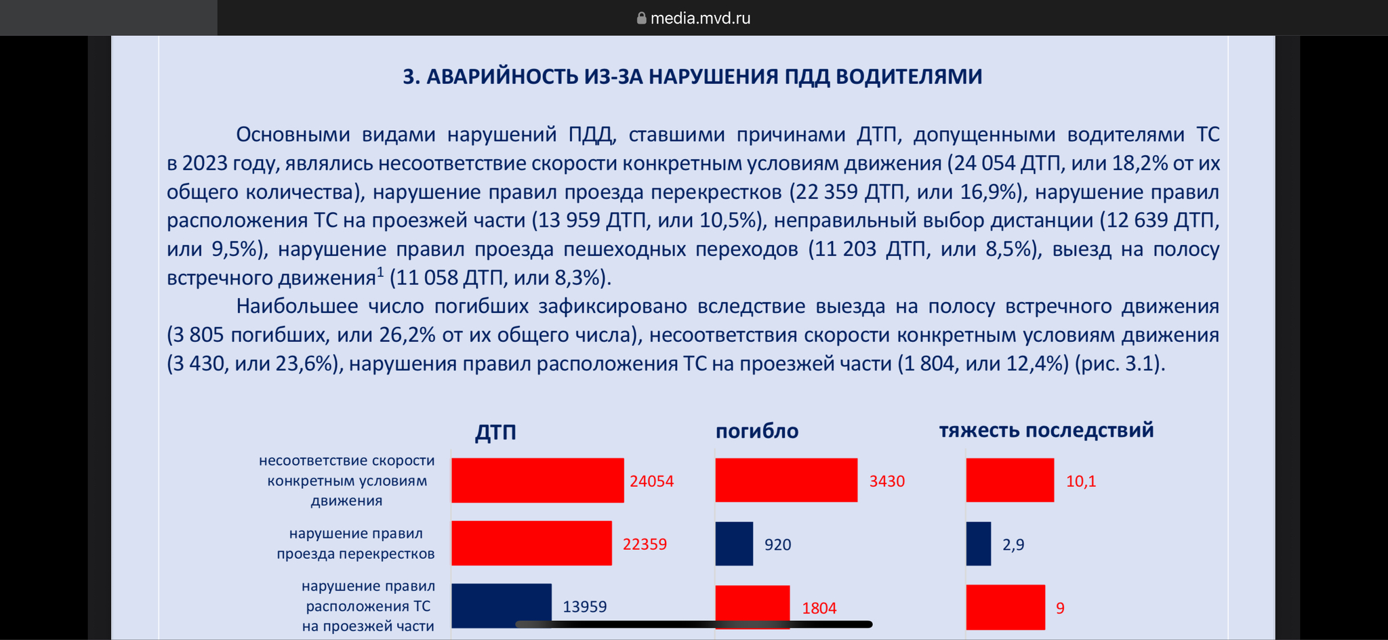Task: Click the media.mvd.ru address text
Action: point(700,18)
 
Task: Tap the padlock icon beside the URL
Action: point(641,18)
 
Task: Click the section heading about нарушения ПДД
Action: point(693,77)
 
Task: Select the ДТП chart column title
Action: point(495,432)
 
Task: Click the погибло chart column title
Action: point(757,431)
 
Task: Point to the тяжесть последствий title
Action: point(1046,430)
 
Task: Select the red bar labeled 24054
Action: point(537,480)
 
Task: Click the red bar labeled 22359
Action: point(531,543)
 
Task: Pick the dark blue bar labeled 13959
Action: point(502,605)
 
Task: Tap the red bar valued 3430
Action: point(786,480)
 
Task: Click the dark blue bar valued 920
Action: point(734,543)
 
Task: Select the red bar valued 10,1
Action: point(1010,480)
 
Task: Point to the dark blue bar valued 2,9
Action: point(979,543)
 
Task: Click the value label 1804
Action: point(819,608)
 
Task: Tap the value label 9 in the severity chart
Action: point(1060,608)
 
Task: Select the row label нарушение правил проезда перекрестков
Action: point(356,544)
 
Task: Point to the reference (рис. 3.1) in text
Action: point(1120,364)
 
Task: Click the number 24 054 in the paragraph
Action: point(981,163)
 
